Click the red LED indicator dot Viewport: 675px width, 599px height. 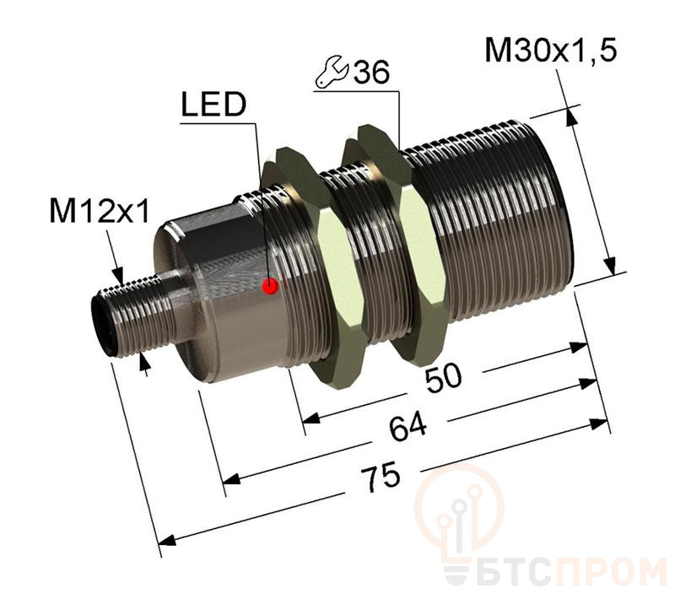coord(270,286)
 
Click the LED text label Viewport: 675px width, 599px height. coord(213,105)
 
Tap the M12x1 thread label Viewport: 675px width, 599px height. coord(100,211)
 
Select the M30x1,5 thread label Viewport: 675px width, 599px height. coord(551,51)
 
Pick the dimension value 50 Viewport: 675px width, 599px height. coord(444,377)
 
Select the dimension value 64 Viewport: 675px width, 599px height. coord(408,426)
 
